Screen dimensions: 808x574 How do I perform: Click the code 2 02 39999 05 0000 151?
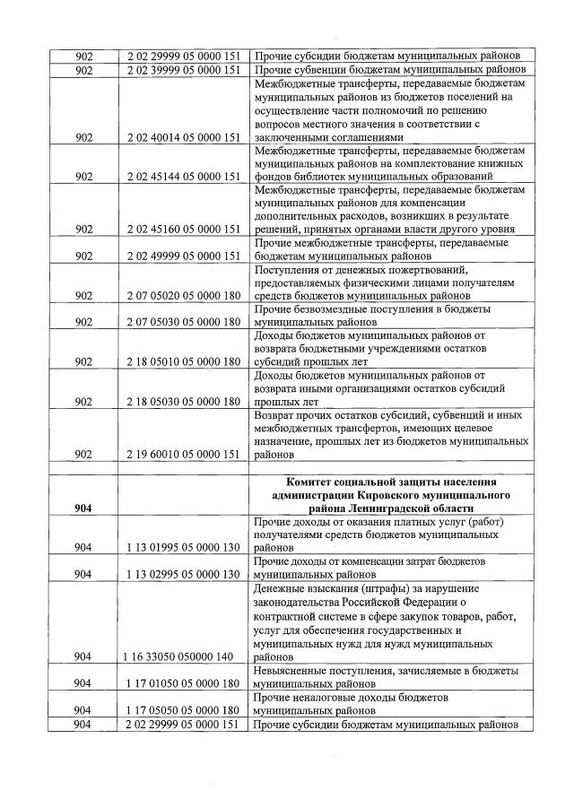pyautogui.click(x=183, y=70)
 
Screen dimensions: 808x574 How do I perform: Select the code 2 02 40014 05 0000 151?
pyautogui.click(x=183, y=137)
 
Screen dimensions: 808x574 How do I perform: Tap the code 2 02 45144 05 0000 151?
pyautogui.click(x=183, y=177)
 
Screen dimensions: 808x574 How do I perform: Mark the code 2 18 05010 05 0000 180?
pyautogui.click(x=183, y=361)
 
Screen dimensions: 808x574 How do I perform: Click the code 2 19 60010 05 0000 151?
pyautogui.click(x=183, y=454)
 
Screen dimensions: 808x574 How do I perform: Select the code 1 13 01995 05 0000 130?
pyautogui.click(x=183, y=546)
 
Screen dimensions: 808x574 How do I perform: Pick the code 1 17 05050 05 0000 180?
pyautogui.click(x=183, y=708)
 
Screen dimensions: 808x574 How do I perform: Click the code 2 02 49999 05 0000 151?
pyautogui.click(x=183, y=256)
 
